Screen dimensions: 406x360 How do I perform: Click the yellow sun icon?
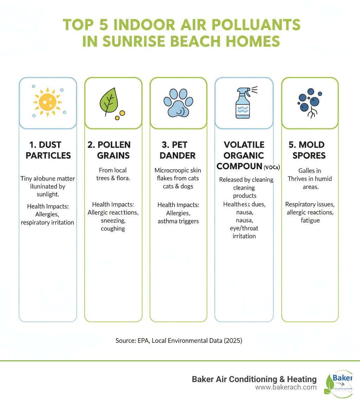click(47, 102)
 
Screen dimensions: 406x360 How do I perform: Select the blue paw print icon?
click(178, 103)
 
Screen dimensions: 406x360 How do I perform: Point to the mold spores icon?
click(308, 102)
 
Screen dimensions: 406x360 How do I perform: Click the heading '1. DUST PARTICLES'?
click(48, 150)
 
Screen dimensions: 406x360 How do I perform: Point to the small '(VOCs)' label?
click(272, 167)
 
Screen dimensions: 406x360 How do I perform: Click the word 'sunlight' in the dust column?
click(47, 194)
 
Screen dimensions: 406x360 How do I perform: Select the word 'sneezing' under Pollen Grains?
click(113, 221)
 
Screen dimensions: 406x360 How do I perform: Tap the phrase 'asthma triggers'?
click(178, 221)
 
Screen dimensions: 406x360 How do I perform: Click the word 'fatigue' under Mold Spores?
click(310, 221)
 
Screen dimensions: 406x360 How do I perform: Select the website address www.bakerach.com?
click(286, 387)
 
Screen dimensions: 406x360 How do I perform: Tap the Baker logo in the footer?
click(337, 383)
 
